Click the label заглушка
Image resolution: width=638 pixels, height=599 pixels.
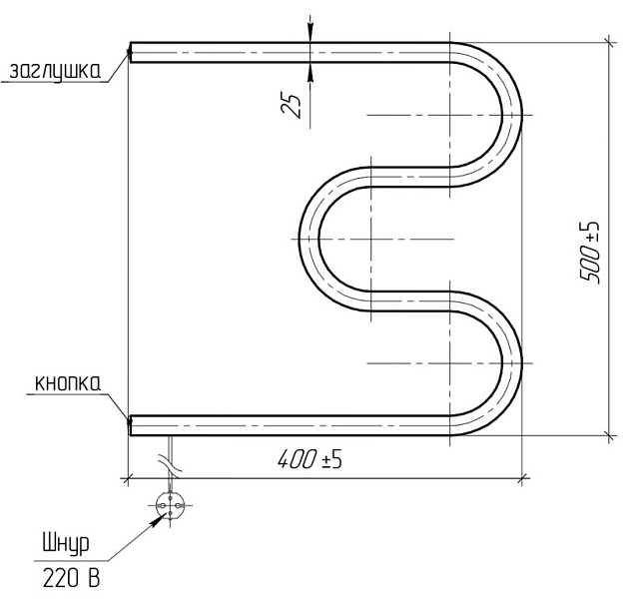tap(55, 71)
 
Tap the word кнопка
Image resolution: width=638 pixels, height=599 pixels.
tap(68, 383)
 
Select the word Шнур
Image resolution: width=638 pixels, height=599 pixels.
tap(66, 544)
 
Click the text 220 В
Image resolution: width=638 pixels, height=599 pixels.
tap(71, 578)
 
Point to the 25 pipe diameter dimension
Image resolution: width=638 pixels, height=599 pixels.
tap(291, 106)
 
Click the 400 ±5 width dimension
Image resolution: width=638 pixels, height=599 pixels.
tap(311, 460)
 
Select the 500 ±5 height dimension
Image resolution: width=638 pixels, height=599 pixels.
tap(590, 253)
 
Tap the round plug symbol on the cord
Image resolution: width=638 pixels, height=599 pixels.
tap(170, 505)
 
